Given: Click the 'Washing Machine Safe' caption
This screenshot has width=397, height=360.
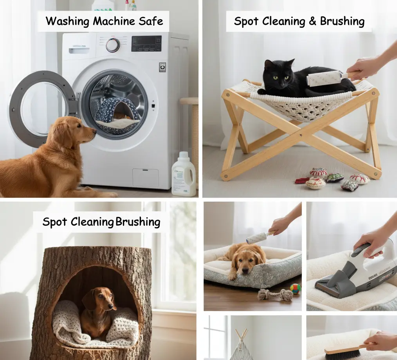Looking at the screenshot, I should [104, 21].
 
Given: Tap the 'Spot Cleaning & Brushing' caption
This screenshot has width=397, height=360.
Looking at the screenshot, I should [299, 21].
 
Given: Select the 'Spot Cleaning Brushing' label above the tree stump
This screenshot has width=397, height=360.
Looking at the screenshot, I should [101, 222].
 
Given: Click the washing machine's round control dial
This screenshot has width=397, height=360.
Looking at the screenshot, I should [113, 45].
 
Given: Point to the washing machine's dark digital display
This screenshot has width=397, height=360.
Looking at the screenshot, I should [146, 43].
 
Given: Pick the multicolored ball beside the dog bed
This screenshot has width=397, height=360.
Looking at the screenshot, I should [295, 289].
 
